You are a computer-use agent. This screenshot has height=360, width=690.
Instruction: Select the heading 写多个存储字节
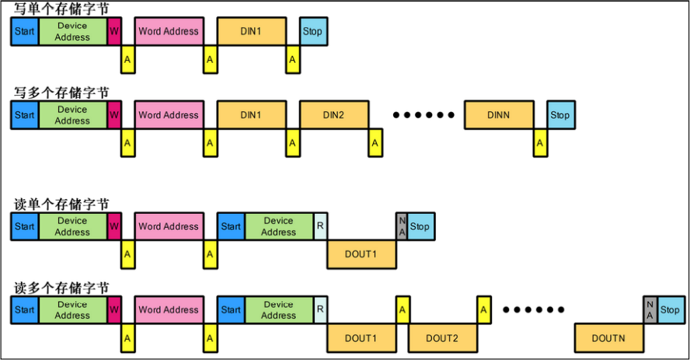(x=61, y=93)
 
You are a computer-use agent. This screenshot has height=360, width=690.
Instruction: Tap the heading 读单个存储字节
(x=61, y=204)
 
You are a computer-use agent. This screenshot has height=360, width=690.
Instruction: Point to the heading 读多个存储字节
(x=61, y=287)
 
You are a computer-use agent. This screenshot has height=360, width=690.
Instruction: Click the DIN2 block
(x=333, y=115)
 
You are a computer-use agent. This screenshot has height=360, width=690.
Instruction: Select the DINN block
(x=499, y=115)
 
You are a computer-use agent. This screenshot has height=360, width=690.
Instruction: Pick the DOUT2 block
(x=441, y=338)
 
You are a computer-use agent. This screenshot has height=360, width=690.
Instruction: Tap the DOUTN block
(x=608, y=338)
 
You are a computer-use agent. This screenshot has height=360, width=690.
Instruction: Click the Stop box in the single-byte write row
(x=313, y=32)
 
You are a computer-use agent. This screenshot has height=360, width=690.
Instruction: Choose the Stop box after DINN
(x=559, y=115)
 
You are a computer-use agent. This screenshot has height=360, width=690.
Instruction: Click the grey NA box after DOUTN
(x=650, y=309)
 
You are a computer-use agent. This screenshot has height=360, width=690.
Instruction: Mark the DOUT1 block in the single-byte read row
(x=361, y=254)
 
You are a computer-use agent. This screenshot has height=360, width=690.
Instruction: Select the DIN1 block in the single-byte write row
(x=250, y=32)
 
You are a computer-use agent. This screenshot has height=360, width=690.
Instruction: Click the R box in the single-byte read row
(x=319, y=226)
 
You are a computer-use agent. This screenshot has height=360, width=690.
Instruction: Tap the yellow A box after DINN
(x=540, y=143)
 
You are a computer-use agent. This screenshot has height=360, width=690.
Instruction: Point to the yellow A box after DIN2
(x=375, y=143)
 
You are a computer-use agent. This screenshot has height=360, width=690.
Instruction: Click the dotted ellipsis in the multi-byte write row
(x=423, y=116)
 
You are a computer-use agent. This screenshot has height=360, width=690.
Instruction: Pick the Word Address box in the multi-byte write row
(x=168, y=115)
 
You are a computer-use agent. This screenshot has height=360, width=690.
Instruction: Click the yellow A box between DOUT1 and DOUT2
(x=402, y=309)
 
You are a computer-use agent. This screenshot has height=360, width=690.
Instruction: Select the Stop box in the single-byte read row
(x=420, y=226)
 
